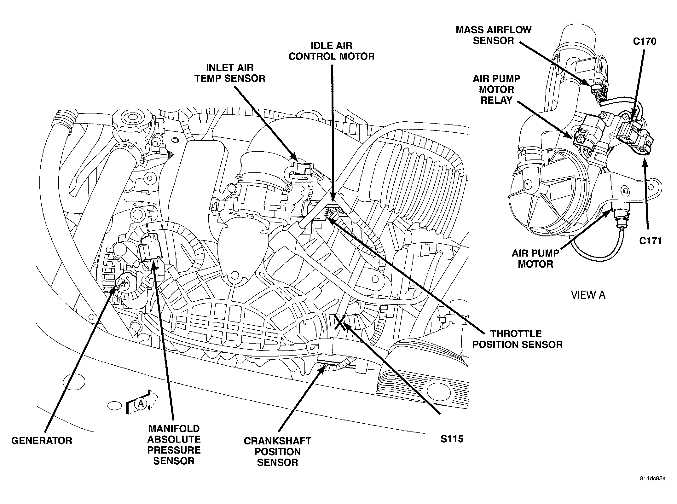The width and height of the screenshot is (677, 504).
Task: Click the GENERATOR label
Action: tap(42, 440)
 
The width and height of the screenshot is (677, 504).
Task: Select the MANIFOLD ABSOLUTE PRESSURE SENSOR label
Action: tap(174, 445)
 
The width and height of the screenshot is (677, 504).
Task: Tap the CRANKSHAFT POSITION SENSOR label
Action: tap(277, 451)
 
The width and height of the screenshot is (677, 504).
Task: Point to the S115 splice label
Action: tap(452, 439)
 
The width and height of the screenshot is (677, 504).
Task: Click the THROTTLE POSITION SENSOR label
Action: tap(517, 339)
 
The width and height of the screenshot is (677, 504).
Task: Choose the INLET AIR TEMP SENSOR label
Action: tap(230, 73)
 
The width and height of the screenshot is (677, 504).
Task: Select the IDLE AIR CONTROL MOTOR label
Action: tap(332, 51)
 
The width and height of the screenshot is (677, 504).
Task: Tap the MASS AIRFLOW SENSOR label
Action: tap(494, 35)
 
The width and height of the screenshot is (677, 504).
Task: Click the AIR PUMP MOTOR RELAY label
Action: tap(496, 89)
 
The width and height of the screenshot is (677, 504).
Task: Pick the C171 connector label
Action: tap(650, 241)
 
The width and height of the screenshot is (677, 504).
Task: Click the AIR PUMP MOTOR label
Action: tap(535, 258)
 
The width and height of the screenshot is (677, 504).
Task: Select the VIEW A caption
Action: tap(588, 295)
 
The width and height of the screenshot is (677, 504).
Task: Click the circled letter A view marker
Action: tap(141, 403)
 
